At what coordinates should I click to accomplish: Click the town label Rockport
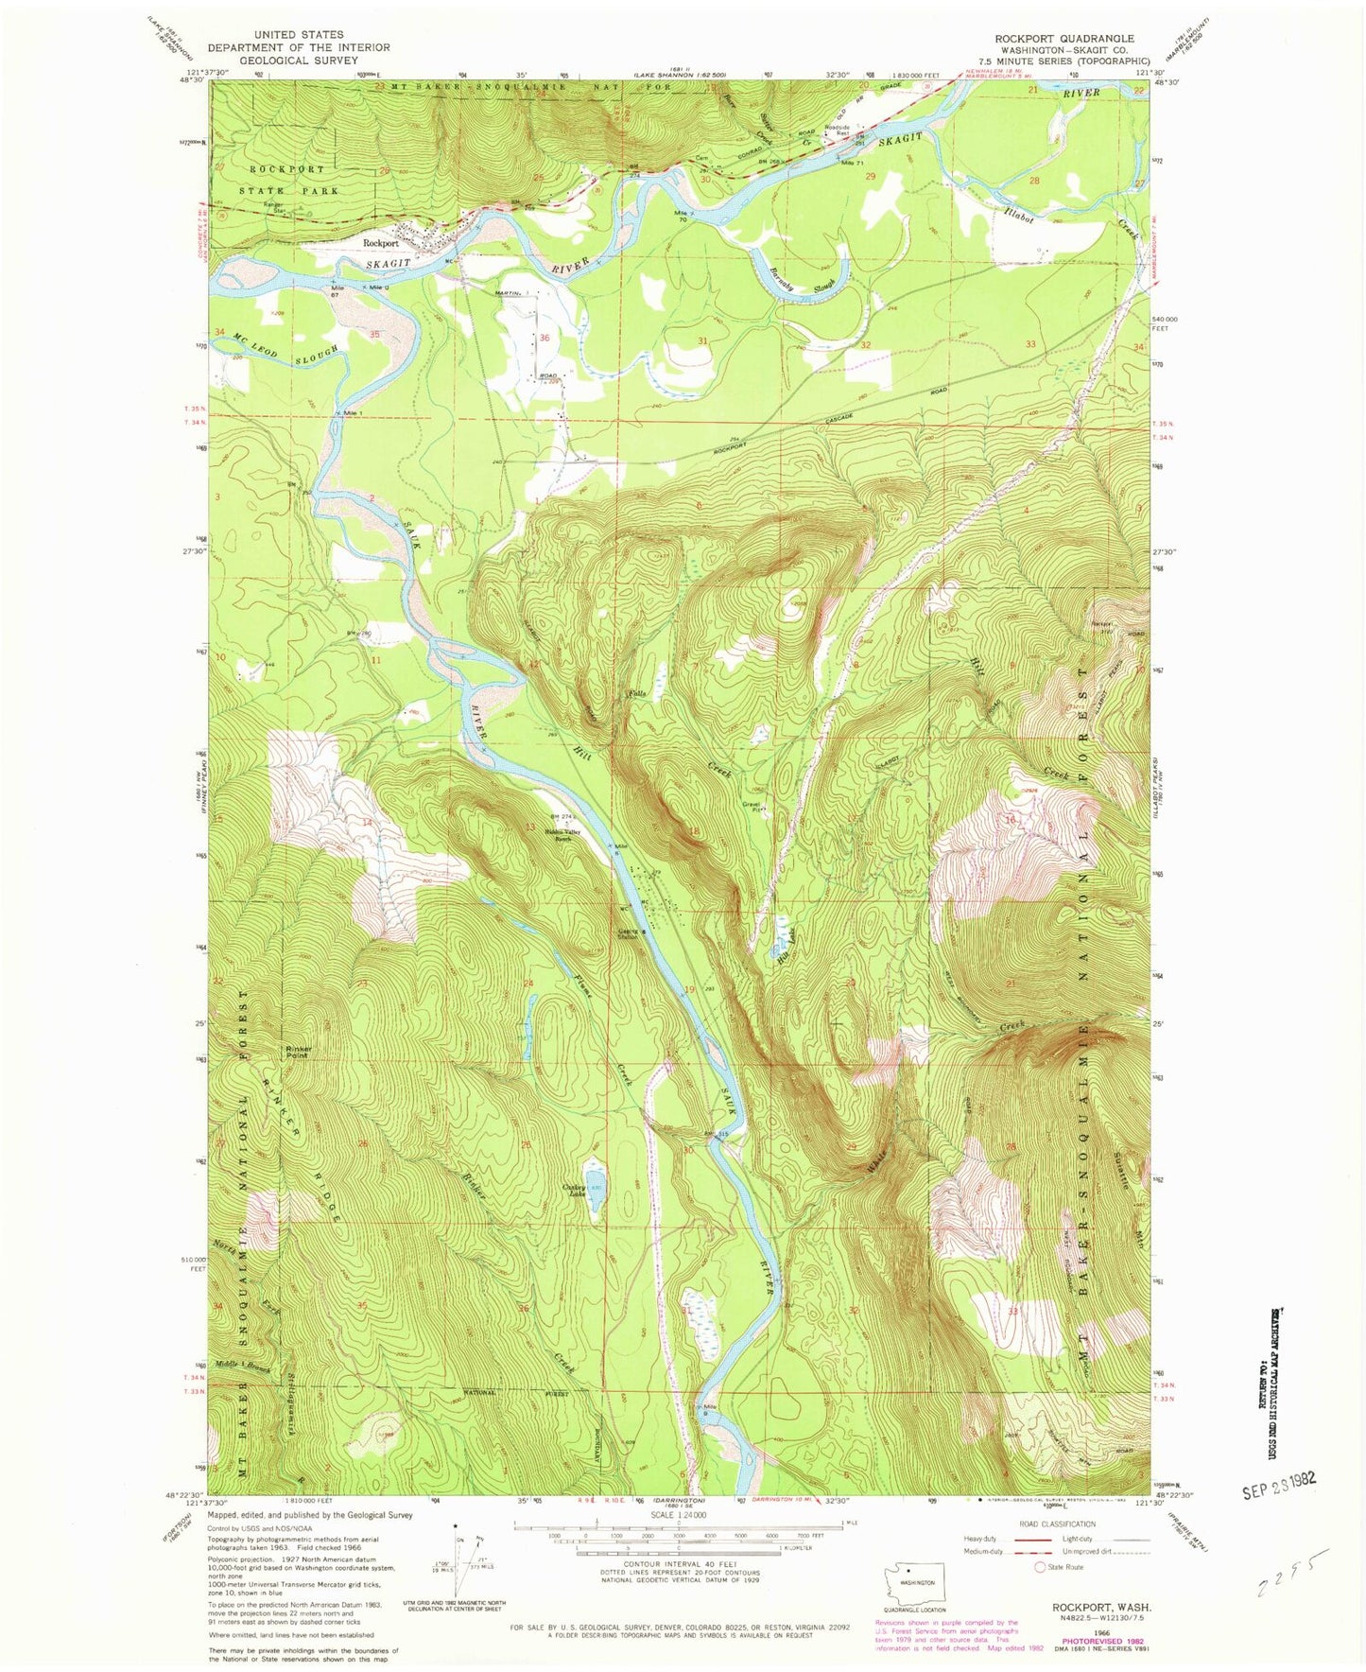(381, 242)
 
